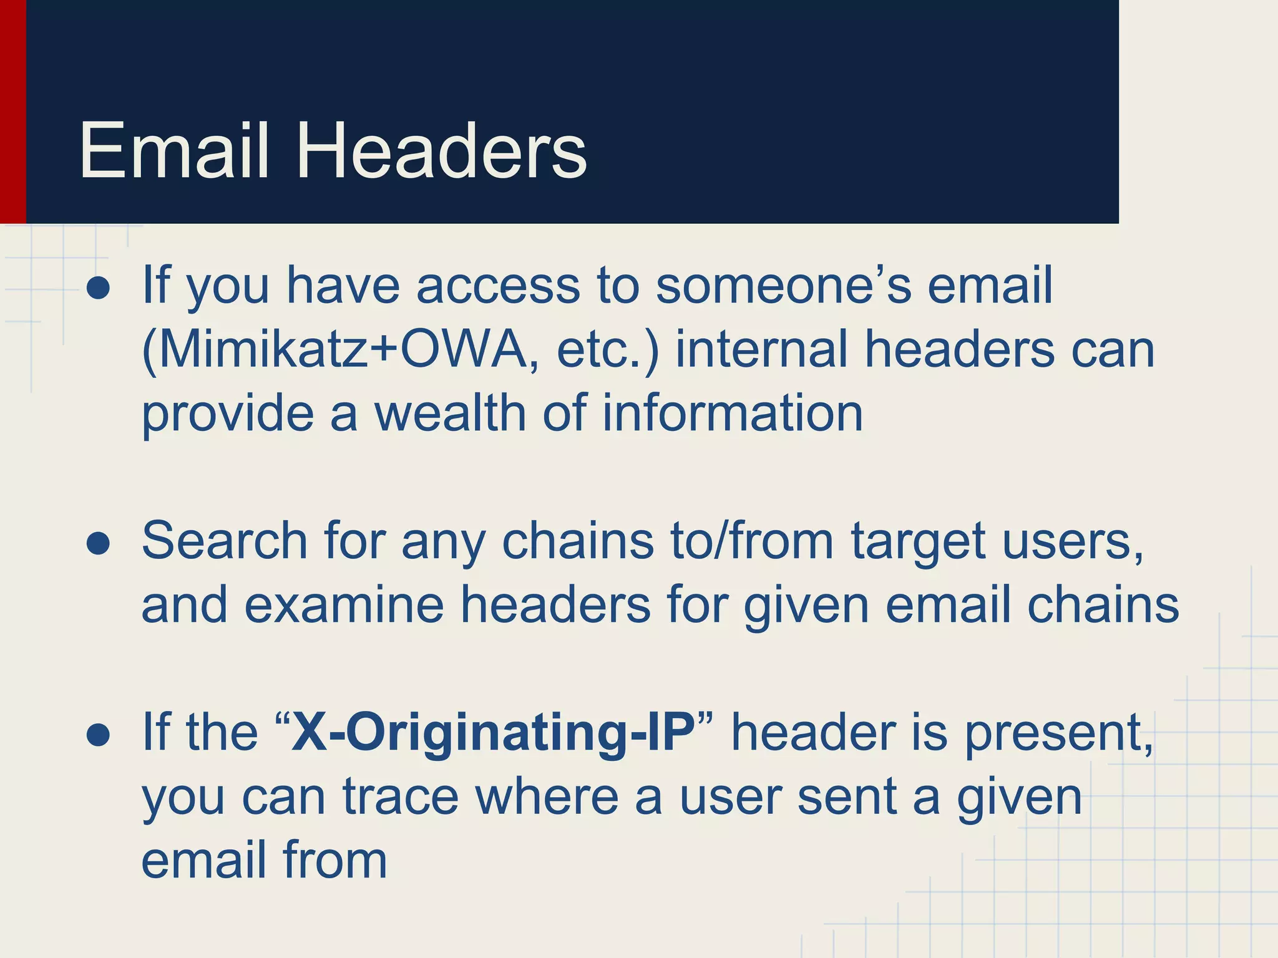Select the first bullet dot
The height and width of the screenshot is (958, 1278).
click(99, 289)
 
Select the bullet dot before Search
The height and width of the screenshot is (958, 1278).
click(99, 544)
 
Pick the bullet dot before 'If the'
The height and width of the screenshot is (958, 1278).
click(99, 735)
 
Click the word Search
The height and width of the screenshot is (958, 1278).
click(225, 540)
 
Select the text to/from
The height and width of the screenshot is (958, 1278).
click(752, 540)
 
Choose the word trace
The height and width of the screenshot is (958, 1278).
click(401, 796)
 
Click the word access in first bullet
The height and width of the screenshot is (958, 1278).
click(497, 286)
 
